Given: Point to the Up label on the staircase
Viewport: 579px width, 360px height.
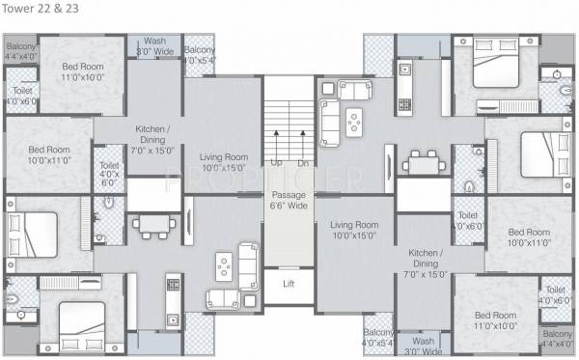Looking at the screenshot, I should pyautogui.click(x=276, y=163).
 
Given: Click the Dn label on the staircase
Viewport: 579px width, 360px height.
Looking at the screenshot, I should pyautogui.click(x=301, y=163).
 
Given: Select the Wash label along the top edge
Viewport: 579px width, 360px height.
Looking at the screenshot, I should pyautogui.click(x=154, y=42).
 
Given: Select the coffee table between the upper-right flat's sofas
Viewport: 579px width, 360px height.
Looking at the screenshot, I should pyautogui.click(x=354, y=120).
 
